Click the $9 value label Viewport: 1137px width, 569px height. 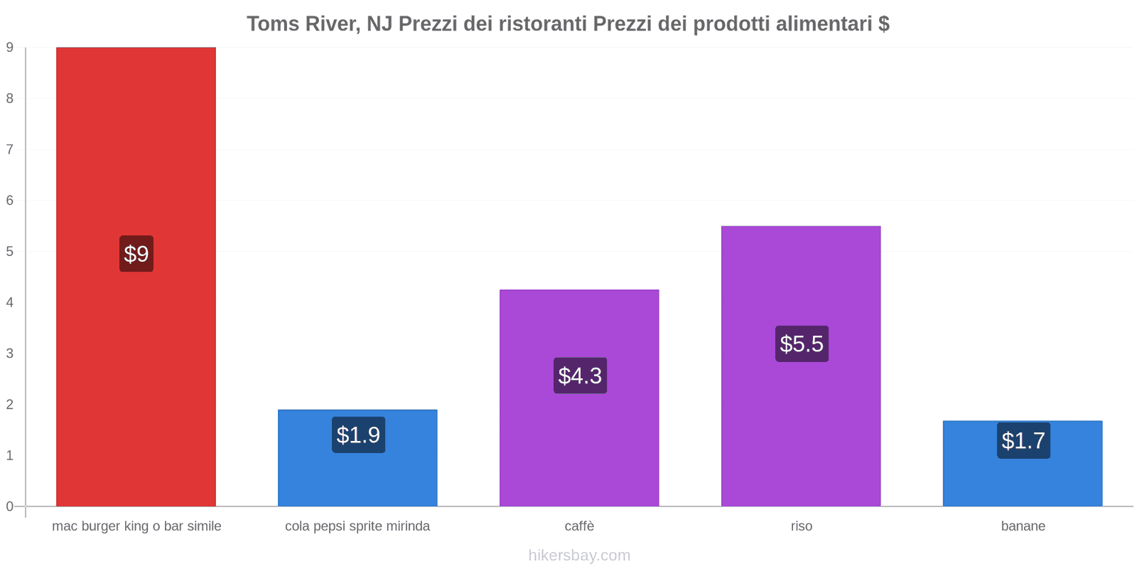[x=136, y=254]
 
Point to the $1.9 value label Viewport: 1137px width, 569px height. [x=358, y=435]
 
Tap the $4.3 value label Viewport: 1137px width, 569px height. [x=580, y=376]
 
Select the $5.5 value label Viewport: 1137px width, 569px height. [x=802, y=344]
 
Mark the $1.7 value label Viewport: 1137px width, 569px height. [x=1023, y=441]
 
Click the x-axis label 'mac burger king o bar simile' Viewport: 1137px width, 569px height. [x=136, y=526]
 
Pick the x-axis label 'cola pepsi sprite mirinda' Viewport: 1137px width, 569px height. [x=357, y=526]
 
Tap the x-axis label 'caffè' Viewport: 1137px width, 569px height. [x=579, y=526]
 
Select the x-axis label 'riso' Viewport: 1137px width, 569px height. [x=801, y=526]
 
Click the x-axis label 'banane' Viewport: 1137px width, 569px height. [x=1023, y=526]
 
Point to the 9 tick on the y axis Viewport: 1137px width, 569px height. [x=10, y=48]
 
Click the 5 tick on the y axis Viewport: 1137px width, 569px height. [x=10, y=252]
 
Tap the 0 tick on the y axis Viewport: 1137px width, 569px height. [x=10, y=506]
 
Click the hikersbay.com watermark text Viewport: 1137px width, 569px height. [x=579, y=555]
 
